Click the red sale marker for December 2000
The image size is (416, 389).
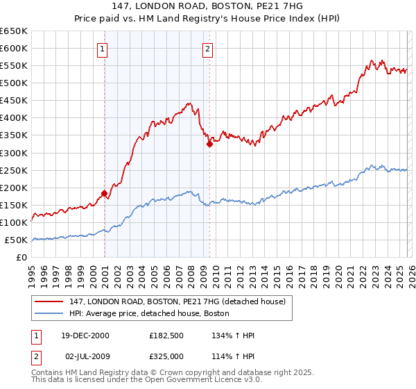104,193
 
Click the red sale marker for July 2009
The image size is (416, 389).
209,144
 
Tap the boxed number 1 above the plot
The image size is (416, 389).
102,49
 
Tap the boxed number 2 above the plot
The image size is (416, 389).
207,49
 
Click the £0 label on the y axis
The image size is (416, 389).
22,258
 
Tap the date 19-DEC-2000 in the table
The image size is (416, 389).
85,336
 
